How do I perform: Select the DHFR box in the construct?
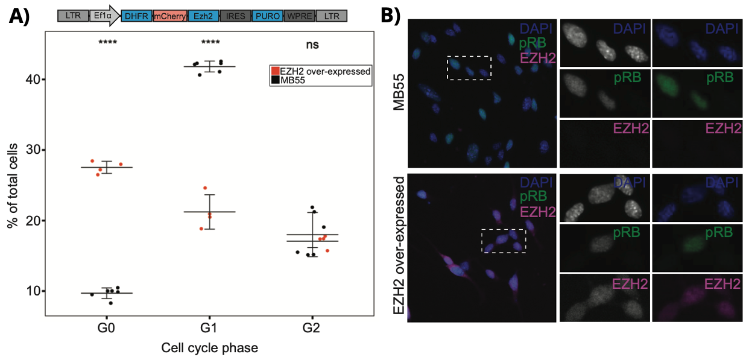136,17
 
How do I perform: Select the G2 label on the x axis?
312,329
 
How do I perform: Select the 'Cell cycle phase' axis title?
209,348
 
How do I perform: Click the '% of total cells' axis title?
11,186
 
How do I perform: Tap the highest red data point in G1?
204,188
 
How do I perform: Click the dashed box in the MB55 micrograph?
469,68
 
